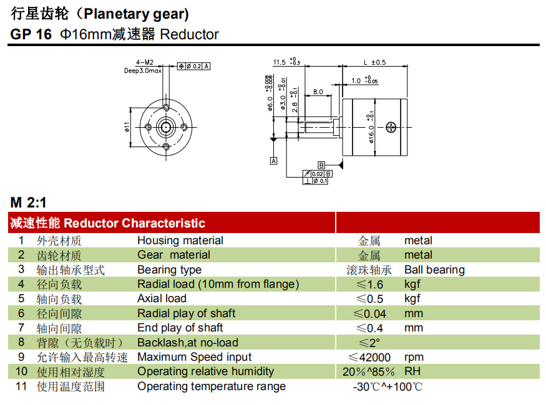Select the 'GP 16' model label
click(31, 34)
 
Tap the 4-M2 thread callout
click(144, 62)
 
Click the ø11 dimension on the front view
click(127, 126)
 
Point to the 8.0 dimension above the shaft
click(318, 92)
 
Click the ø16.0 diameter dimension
click(372, 128)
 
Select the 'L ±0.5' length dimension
click(374, 62)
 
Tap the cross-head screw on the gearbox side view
click(391, 127)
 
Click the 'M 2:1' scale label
click(28, 202)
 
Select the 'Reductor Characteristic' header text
click(134, 223)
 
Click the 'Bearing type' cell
click(169, 270)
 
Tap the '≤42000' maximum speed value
click(369, 357)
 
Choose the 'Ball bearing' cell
click(434, 270)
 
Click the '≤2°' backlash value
click(369, 343)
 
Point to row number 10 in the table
click(22, 371)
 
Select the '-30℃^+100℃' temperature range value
click(388, 386)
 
